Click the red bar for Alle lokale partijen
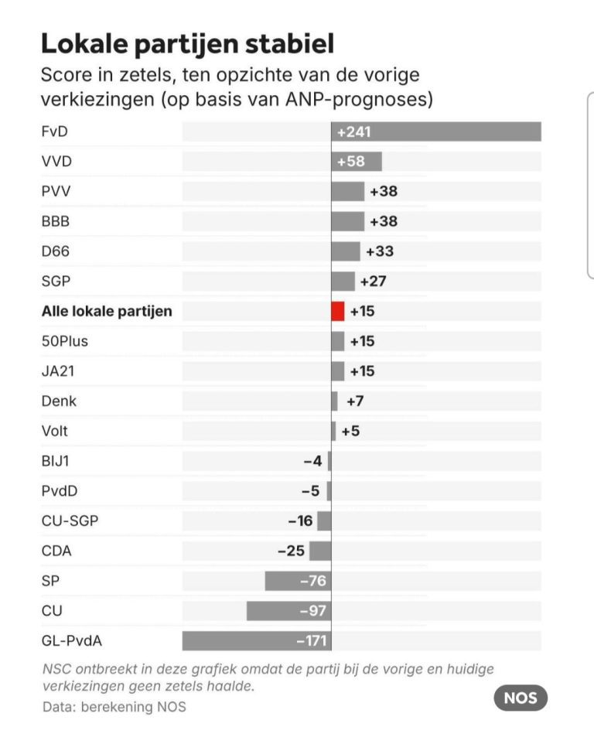(337, 311)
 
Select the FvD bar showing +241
(436, 132)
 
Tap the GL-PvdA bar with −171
(257, 640)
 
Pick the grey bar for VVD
(357, 162)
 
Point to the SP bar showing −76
(298, 581)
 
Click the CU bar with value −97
(288, 611)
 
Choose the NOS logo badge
(521, 698)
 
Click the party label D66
(55, 251)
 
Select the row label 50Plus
(60, 341)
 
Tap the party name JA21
(58, 371)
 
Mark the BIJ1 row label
(55, 461)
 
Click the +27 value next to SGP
(373, 282)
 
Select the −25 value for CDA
(291, 551)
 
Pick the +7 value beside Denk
(355, 401)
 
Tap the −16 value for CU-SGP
(300, 521)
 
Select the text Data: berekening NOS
(113, 707)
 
